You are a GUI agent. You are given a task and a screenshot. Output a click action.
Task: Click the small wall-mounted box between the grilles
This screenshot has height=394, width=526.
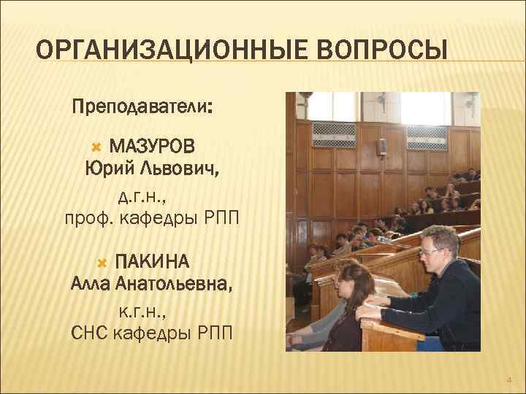pyautogui.click(x=381, y=145)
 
